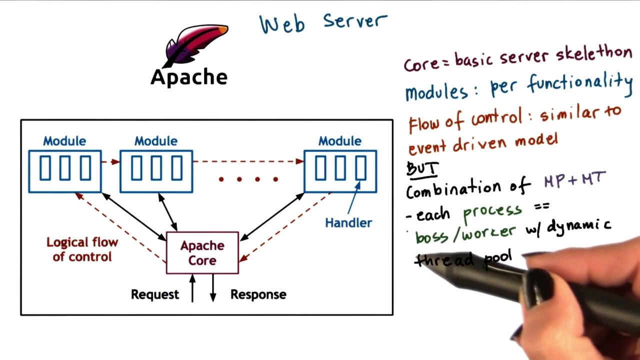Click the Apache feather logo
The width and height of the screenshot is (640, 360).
tap(195, 45)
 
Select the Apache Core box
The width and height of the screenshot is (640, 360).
tap(202, 253)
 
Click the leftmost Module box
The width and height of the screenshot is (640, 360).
tap(65, 171)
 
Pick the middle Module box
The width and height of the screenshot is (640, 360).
tap(156, 171)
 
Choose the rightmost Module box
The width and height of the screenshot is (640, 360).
tap(340, 171)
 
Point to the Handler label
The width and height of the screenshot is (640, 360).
tap(348, 223)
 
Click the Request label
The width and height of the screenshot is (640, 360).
tap(154, 294)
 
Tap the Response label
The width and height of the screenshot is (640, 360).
tap(258, 294)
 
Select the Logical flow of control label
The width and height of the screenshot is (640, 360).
tap(82, 249)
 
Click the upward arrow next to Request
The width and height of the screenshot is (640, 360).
tap(192, 288)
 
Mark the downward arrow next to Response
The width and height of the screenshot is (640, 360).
tap(213, 288)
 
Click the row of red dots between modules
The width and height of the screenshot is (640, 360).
tap(248, 179)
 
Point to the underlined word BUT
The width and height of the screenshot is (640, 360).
tap(422, 169)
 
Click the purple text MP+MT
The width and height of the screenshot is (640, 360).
tap(575, 179)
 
